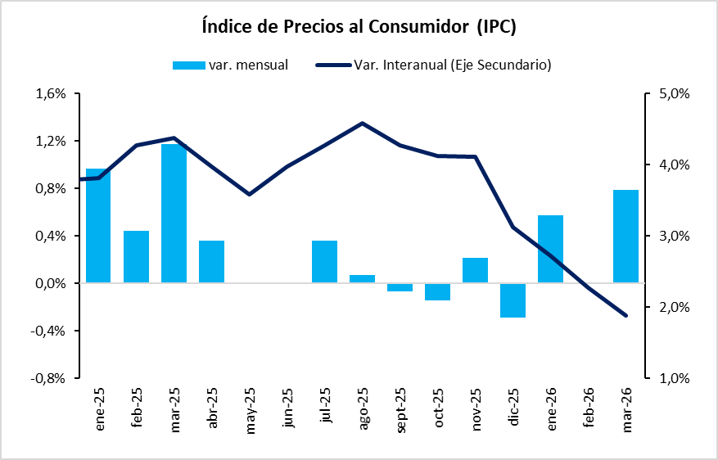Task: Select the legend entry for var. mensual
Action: (230, 65)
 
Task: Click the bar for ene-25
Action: (98, 226)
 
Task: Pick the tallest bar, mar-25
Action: (174, 214)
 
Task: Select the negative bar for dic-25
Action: (513, 300)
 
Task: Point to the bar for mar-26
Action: (625, 237)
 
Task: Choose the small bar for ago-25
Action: (362, 279)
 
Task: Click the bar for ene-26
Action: (550, 250)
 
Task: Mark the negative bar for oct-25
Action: (437, 292)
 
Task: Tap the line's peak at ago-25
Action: (362, 123)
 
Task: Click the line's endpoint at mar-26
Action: (625, 315)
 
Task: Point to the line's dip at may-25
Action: (249, 194)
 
